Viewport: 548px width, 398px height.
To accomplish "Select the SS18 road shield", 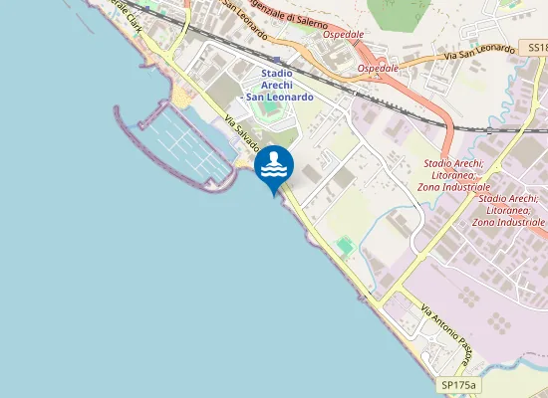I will tap(537, 47).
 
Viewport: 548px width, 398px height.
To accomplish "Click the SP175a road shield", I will tap(459, 384).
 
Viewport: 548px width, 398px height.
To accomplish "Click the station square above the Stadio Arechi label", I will tap(276, 60).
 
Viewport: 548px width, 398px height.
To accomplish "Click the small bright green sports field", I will tap(345, 244).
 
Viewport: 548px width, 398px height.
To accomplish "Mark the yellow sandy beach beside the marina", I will tap(184, 98).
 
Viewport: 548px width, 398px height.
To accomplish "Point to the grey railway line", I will tap(399, 99).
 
